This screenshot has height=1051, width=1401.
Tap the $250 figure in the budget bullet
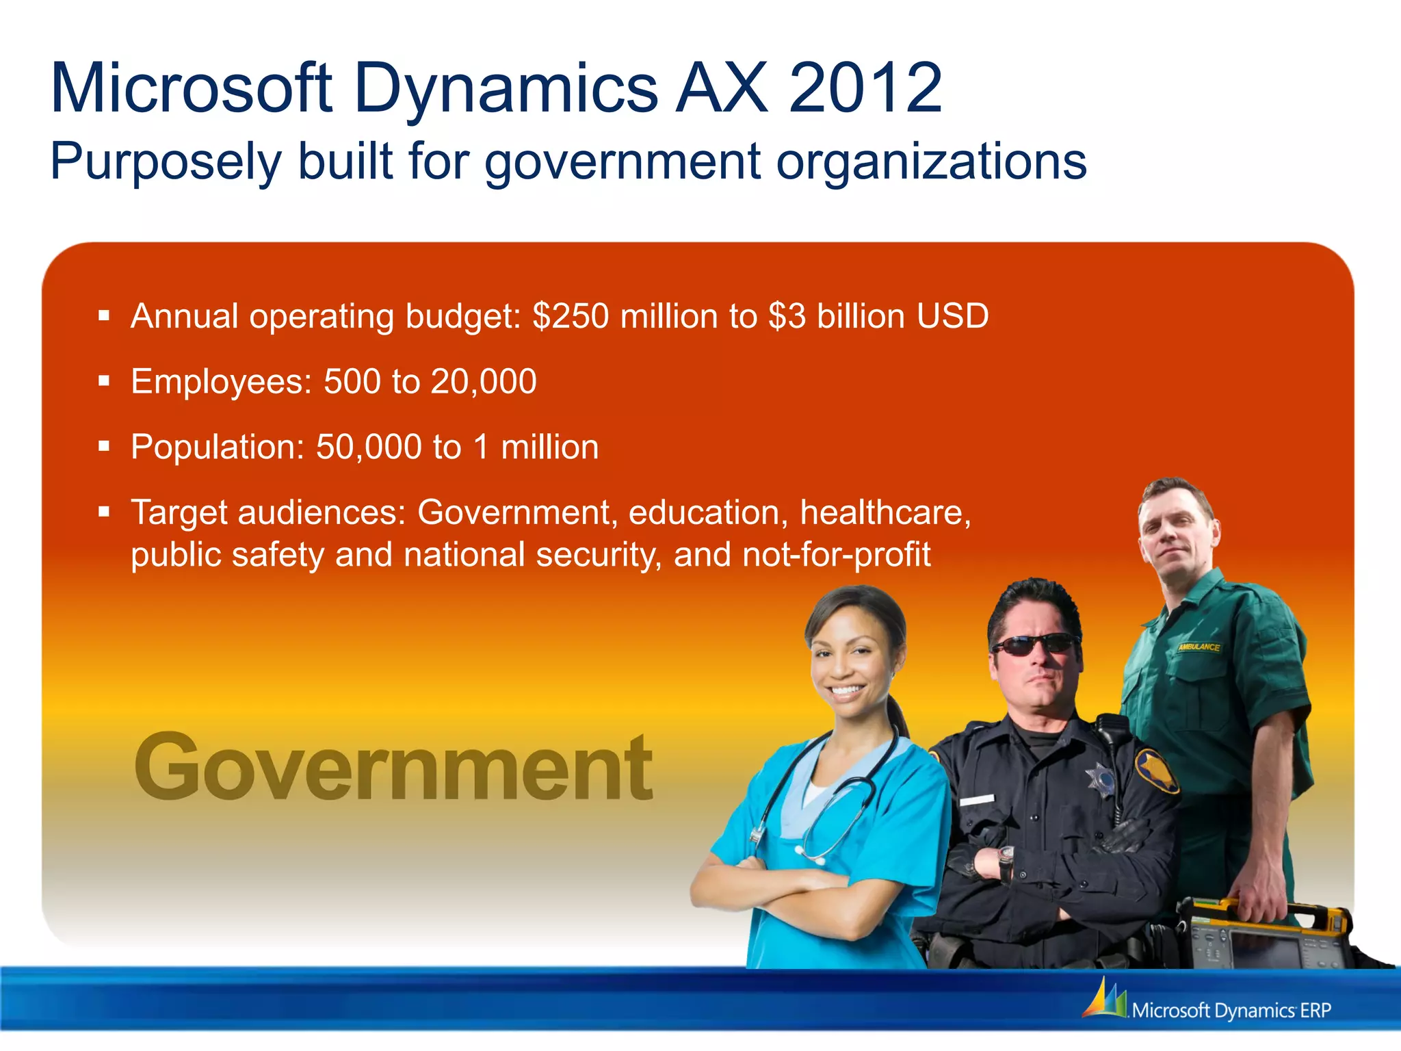click(x=571, y=316)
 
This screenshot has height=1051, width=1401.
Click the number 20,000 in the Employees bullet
click(x=484, y=382)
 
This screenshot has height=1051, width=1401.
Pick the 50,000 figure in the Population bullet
click(x=369, y=447)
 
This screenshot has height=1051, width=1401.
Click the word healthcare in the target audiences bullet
click(x=885, y=512)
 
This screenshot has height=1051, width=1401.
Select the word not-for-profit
click(x=836, y=555)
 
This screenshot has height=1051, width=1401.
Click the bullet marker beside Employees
click(x=104, y=381)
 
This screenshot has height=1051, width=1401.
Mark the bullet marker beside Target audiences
click(x=104, y=511)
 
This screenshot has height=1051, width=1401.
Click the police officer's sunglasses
click(x=1034, y=644)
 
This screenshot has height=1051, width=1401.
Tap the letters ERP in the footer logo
click(x=1315, y=1011)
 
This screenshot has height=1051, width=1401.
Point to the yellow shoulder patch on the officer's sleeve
click(x=1156, y=766)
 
